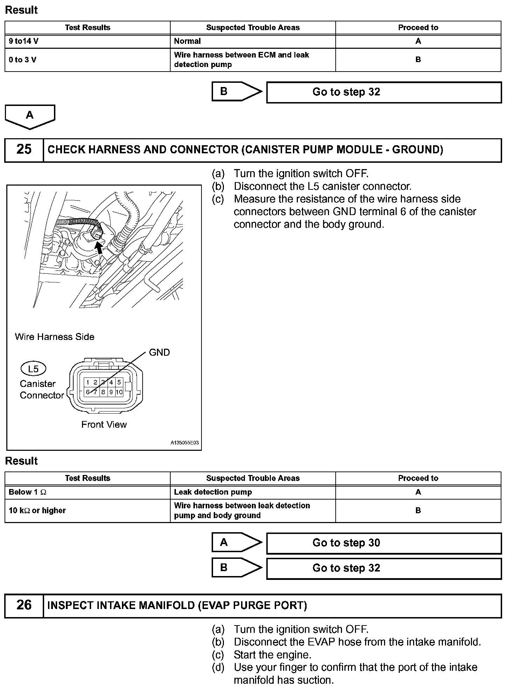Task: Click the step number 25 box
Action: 24,150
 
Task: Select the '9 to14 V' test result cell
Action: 88,41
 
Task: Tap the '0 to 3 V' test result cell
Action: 88,60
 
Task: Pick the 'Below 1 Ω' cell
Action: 88,492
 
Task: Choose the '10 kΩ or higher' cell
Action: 88,510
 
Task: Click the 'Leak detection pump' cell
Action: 253,492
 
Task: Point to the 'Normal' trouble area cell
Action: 253,41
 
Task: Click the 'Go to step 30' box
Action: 384,543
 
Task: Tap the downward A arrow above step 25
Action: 30,116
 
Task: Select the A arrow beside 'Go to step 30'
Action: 237,542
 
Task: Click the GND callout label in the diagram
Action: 159,352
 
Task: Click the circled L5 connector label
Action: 33,369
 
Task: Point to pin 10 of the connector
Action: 119,392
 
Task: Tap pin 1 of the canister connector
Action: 88,382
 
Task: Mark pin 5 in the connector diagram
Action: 119,382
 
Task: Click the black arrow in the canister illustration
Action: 100,248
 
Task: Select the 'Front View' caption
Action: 104,424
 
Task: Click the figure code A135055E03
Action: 185,443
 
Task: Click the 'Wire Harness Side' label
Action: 55,337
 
